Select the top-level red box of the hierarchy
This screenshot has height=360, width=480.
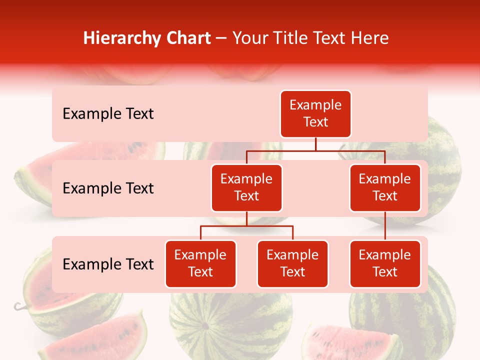coord(315,114)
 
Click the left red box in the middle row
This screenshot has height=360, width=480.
coord(246,188)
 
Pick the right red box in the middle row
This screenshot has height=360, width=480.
coord(385,188)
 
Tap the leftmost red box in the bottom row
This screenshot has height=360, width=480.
coord(200,264)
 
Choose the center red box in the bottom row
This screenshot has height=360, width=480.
coord(292,264)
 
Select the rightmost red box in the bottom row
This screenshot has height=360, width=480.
coord(385,264)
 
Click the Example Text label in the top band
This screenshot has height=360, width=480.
coord(108,114)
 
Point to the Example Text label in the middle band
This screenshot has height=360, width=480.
coord(108,188)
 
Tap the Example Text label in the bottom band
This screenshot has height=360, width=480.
coord(108,264)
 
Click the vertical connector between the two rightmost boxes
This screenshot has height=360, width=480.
coord(385,226)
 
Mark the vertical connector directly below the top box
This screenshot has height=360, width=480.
coord(315,144)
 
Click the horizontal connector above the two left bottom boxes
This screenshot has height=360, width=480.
coord(246,226)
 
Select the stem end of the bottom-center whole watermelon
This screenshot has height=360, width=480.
coord(204,326)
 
